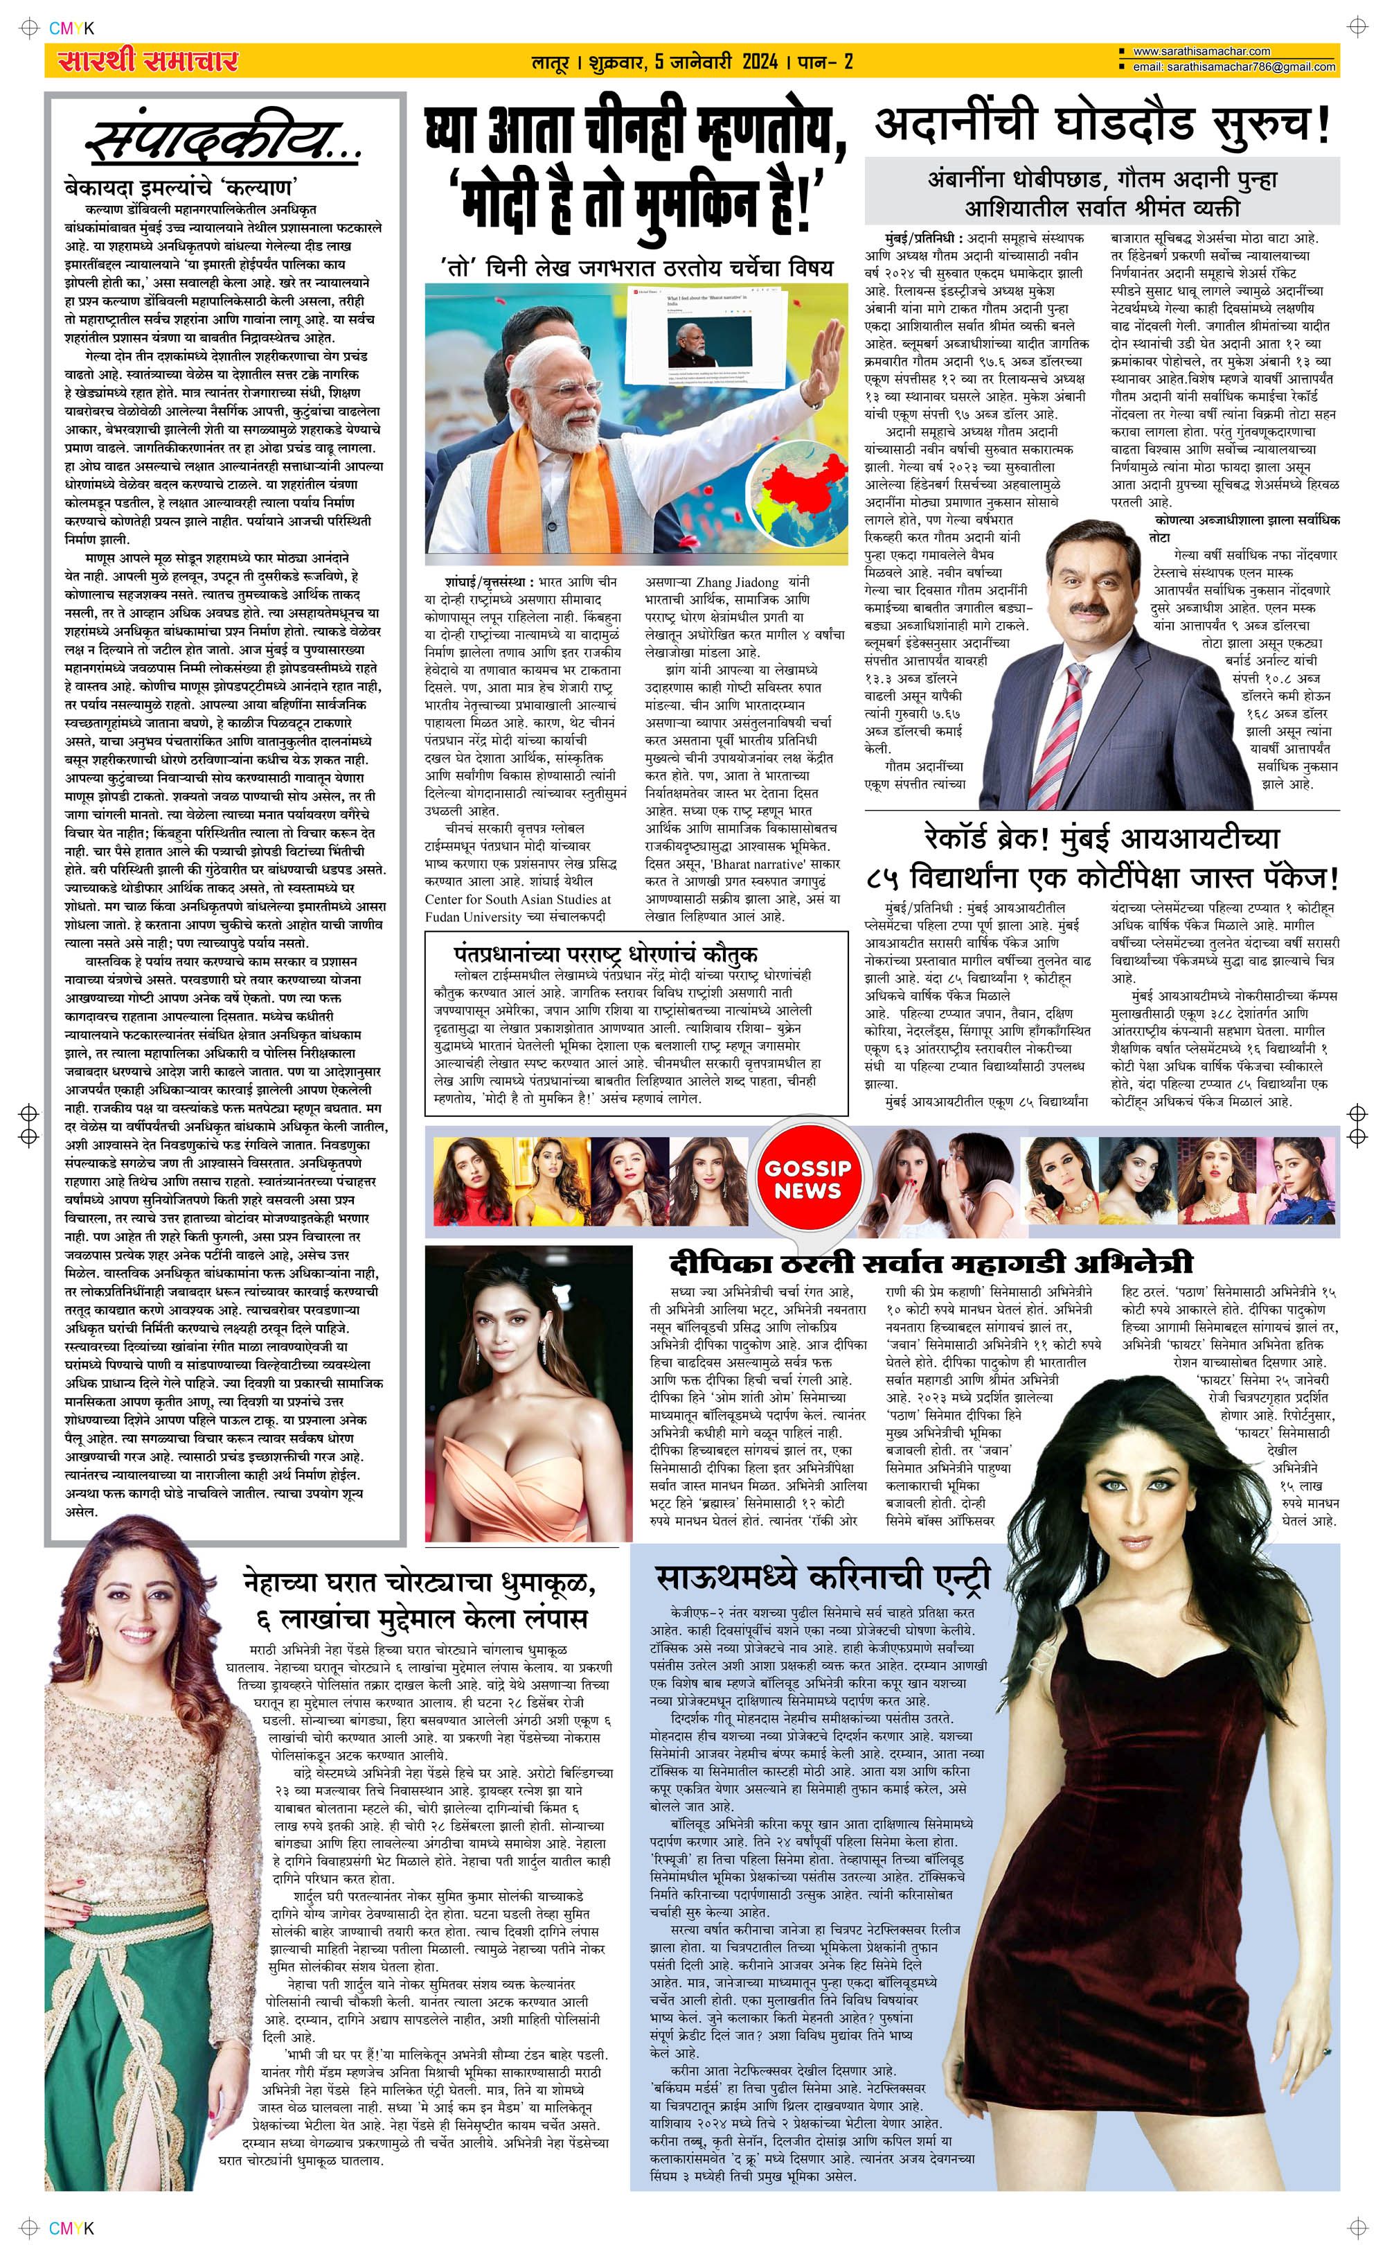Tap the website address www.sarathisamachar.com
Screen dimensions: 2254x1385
(x=1201, y=51)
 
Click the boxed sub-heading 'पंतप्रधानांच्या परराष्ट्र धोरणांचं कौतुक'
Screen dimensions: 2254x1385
(x=604, y=953)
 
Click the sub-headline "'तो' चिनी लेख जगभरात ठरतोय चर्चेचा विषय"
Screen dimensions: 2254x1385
(x=636, y=267)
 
